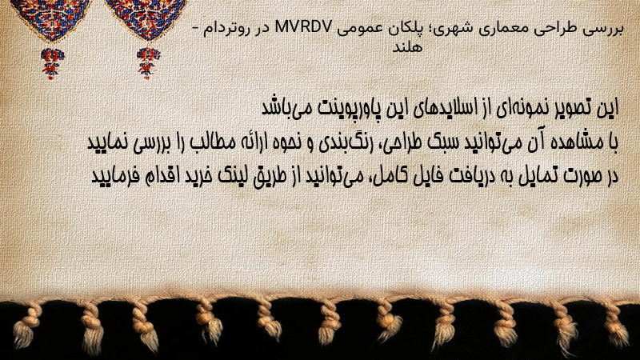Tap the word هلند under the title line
click(x=407, y=47)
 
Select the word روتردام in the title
click(x=224, y=29)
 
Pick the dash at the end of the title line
click(x=195, y=29)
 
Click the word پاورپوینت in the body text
click(x=347, y=108)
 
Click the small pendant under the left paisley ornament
click(x=52, y=64)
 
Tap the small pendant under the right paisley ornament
click(x=148, y=63)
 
